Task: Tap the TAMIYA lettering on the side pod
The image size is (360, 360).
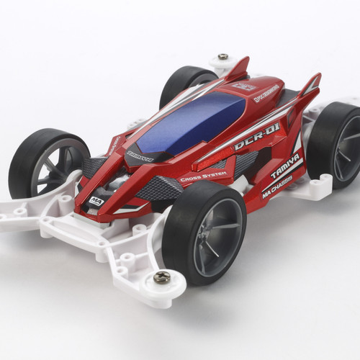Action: pyautogui.click(x=285, y=171)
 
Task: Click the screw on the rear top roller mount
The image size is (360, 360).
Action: pyautogui.click(x=223, y=56)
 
